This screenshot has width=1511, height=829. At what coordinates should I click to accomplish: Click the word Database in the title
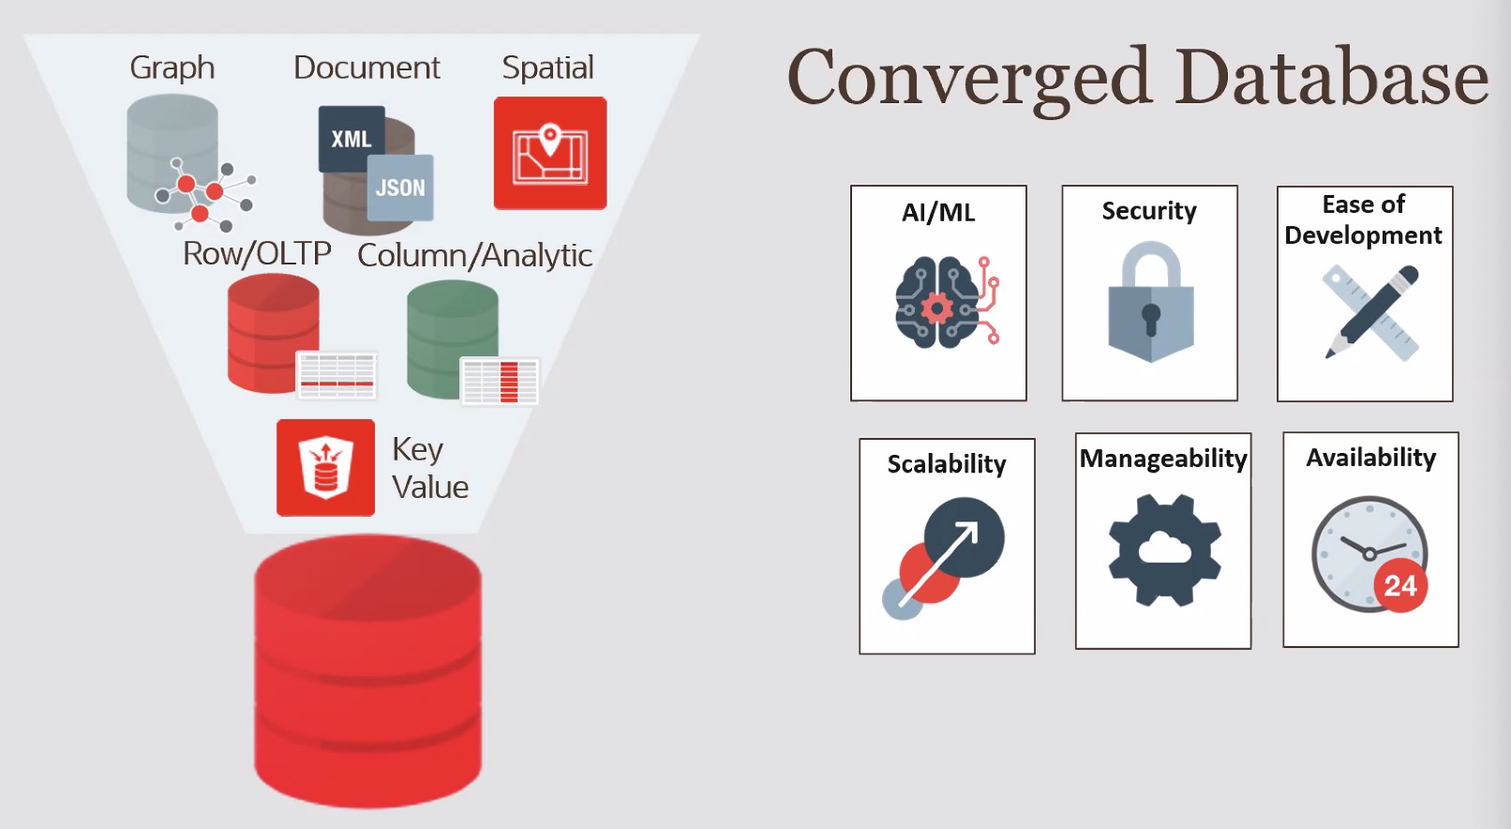(1332, 77)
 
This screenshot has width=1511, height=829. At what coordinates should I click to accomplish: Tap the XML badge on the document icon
(352, 139)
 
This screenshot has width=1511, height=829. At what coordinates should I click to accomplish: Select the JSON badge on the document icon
(400, 188)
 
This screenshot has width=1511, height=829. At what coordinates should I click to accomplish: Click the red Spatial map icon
(550, 153)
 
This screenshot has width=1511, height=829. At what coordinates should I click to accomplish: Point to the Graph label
(172, 68)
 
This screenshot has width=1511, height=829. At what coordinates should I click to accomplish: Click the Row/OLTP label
(257, 253)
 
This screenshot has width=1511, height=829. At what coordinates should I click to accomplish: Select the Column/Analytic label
(474, 255)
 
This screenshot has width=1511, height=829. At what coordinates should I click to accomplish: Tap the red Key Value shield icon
(325, 467)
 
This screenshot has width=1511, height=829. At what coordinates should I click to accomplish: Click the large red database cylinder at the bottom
(367, 671)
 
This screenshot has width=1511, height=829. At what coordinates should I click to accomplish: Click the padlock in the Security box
(1150, 302)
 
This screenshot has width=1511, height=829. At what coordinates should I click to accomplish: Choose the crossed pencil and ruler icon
(1370, 312)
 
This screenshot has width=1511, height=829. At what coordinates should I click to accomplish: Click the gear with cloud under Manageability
(1164, 550)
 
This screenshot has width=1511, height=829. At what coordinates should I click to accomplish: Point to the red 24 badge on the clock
(1399, 586)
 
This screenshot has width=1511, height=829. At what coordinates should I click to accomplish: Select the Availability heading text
(1370, 458)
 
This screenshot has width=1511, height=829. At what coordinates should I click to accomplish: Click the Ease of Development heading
(1363, 219)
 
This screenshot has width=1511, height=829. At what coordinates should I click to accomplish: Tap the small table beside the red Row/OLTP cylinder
(337, 374)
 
